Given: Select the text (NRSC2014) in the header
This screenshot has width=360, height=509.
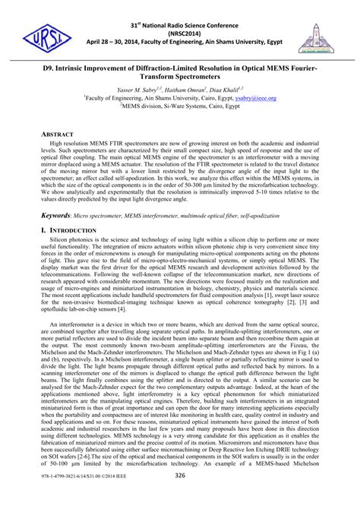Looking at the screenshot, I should click(179, 23).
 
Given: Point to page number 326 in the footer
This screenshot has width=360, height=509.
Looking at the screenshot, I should click(179, 496).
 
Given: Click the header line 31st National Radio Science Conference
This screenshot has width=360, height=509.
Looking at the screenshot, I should click(179, 11).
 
